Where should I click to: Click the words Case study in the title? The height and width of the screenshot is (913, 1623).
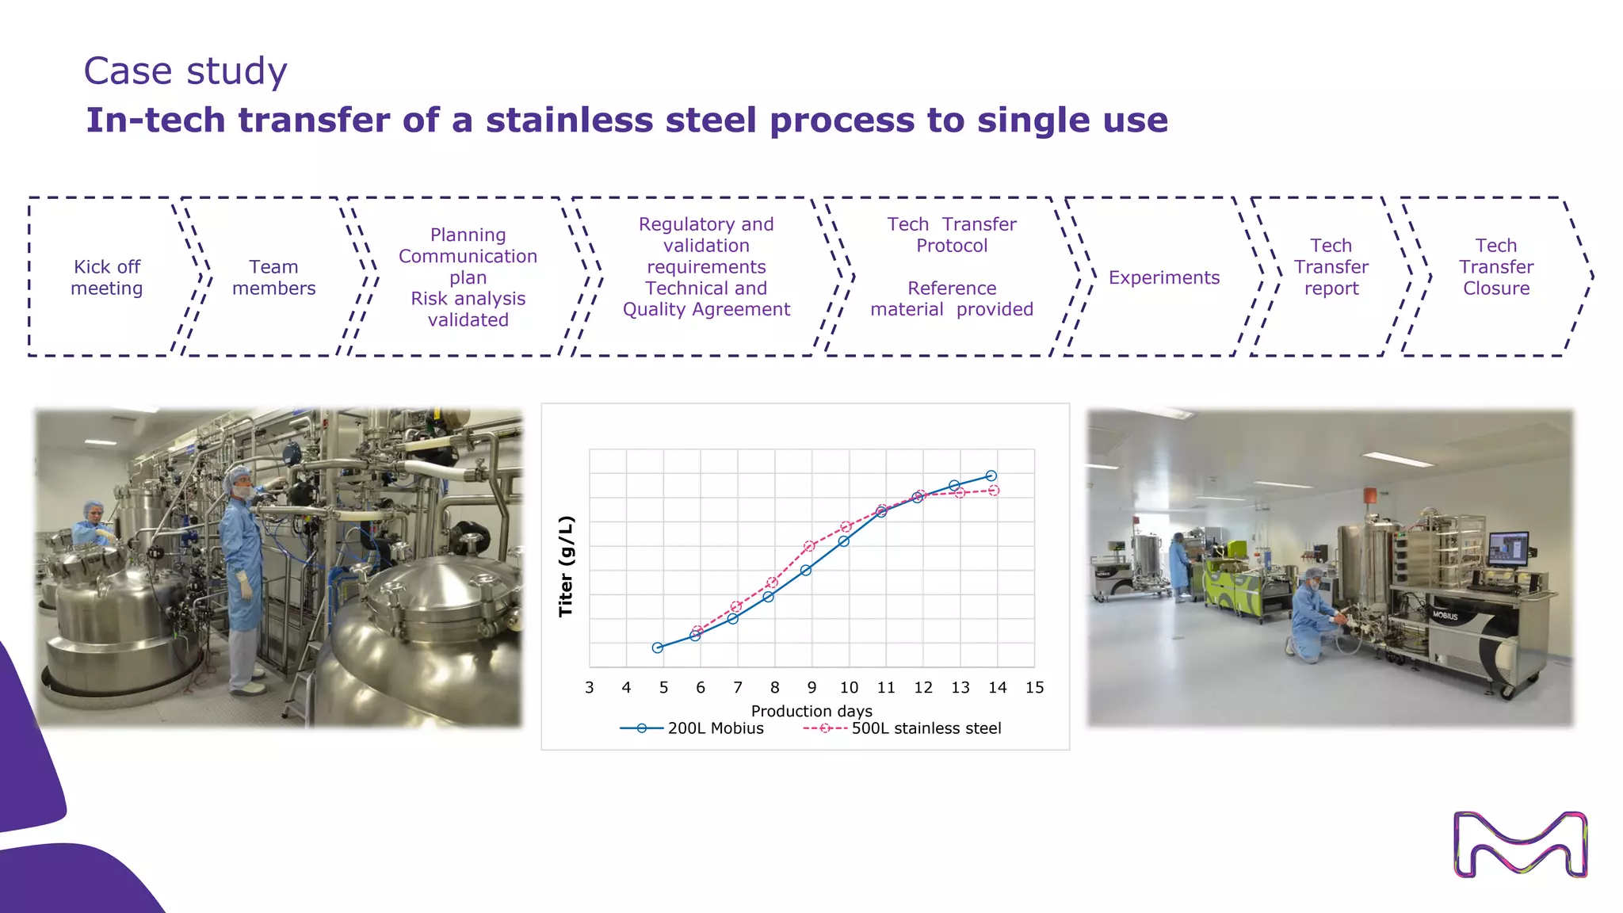185,71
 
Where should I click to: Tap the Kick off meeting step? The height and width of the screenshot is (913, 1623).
107,277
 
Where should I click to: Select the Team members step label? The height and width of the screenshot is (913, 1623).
273,277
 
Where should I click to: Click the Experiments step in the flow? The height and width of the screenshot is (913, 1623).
1163,277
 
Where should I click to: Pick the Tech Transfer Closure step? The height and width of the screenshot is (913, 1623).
1495,267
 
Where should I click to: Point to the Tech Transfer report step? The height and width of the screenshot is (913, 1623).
1331,267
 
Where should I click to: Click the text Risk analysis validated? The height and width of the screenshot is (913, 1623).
468,309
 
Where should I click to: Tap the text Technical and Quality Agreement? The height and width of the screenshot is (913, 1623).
706,299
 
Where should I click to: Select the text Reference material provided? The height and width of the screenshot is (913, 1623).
951,299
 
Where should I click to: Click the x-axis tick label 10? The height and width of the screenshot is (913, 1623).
849,688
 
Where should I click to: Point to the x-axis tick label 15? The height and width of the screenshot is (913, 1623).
1034,688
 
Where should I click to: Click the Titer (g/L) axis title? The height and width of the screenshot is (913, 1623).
566,566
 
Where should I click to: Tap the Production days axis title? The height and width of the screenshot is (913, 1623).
811,711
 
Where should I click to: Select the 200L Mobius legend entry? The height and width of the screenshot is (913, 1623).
715,728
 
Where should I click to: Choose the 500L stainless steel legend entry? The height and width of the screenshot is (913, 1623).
926,728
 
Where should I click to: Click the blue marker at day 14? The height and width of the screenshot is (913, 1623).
991,476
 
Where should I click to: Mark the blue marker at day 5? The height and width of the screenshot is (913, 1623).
658,648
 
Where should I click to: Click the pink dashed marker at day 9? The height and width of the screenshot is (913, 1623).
809,546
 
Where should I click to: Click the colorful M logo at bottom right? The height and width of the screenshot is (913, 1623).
1520,844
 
